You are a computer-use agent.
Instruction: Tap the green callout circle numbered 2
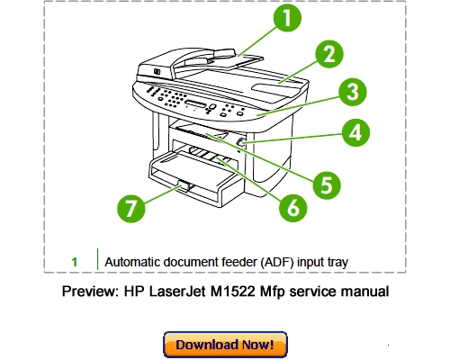click(328, 54)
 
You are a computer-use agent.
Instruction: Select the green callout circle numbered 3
click(352, 92)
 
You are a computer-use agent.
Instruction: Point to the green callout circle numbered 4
click(356, 134)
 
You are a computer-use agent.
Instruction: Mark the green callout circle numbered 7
click(131, 209)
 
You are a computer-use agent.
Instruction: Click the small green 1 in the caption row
click(75, 262)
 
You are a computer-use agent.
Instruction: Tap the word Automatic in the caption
click(134, 262)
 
